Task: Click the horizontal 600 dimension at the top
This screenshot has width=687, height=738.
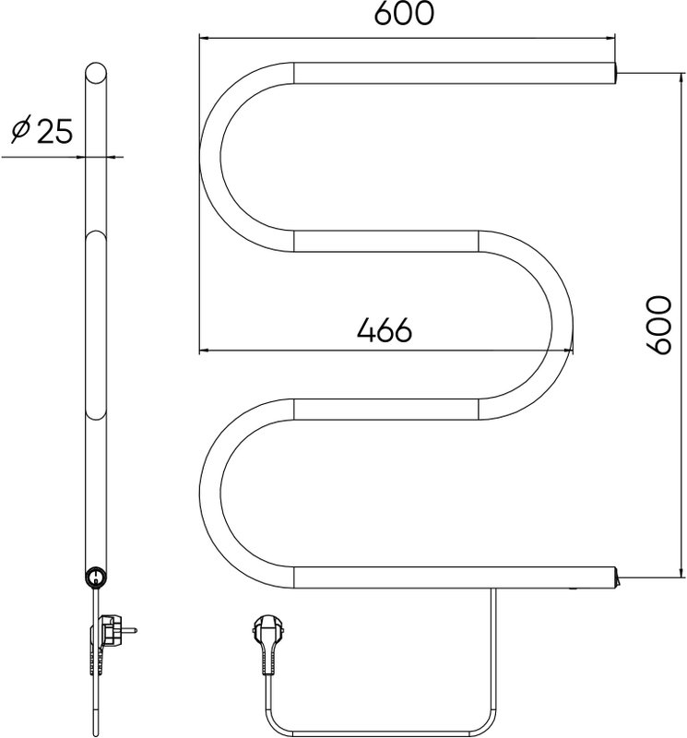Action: pos(404,14)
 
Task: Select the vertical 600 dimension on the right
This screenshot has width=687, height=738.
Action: pos(657,326)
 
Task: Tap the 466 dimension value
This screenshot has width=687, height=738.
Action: pos(385,330)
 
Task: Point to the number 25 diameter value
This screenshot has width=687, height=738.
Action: pos(55,131)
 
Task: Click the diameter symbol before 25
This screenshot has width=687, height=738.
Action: pos(21,128)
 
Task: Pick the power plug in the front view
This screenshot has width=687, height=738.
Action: pos(268,648)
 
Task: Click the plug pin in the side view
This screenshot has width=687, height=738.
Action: pos(131,629)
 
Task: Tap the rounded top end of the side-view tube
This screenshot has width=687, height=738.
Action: pos(96,74)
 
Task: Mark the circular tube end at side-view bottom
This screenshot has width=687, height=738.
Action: pos(96,577)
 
